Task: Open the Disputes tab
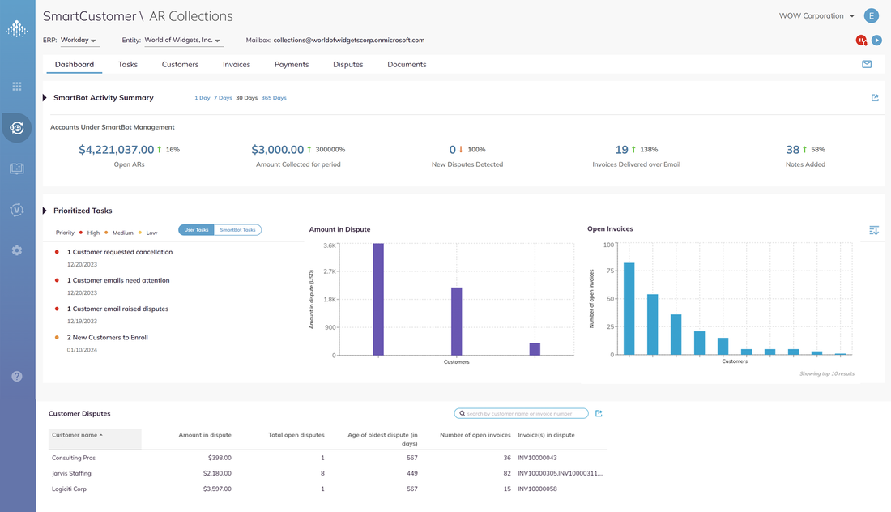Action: [347, 65]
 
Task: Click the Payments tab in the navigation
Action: [292, 65]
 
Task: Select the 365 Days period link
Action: [274, 98]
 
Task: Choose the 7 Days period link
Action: [223, 98]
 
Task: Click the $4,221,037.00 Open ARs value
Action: [116, 150]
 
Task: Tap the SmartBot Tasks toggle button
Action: [237, 230]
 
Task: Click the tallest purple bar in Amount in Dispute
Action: [378, 299]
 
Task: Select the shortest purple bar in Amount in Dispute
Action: [535, 349]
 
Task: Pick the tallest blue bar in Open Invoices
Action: [629, 309]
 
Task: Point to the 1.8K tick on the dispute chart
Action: [330, 299]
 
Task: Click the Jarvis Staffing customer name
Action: [71, 473]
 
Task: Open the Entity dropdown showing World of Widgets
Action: [182, 40]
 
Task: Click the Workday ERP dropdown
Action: [79, 40]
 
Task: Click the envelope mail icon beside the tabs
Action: [867, 65]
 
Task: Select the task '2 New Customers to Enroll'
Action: [108, 337]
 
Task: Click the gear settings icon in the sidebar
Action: [17, 251]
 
